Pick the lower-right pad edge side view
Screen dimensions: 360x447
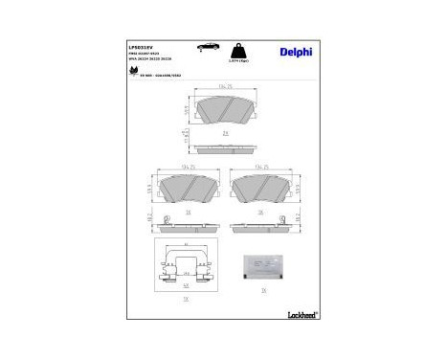(x=261, y=226)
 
